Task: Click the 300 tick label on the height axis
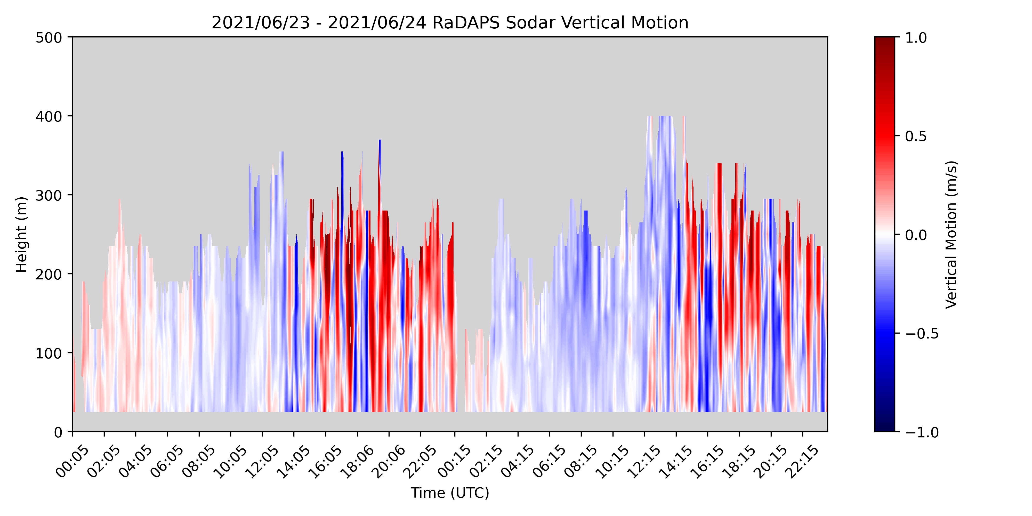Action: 49,196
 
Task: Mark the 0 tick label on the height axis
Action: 59,432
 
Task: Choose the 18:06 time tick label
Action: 357,461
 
